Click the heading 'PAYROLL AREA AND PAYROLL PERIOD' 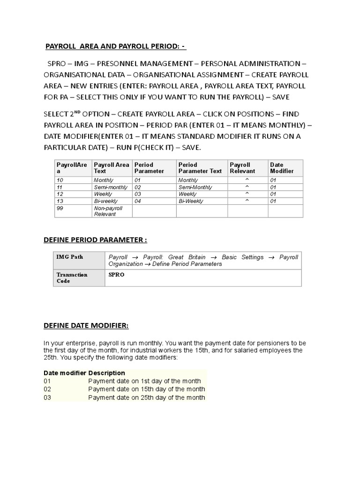115,46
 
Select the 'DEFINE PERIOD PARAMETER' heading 95,240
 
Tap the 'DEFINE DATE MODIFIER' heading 86,325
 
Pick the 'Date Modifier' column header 282,168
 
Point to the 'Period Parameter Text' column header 200,168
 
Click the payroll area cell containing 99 60,208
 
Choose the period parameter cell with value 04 138,201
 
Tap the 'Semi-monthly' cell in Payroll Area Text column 107,187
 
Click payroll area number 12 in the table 60,194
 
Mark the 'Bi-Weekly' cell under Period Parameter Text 191,201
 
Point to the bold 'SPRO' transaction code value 116,275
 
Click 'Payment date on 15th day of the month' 146,389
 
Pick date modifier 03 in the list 47,397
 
